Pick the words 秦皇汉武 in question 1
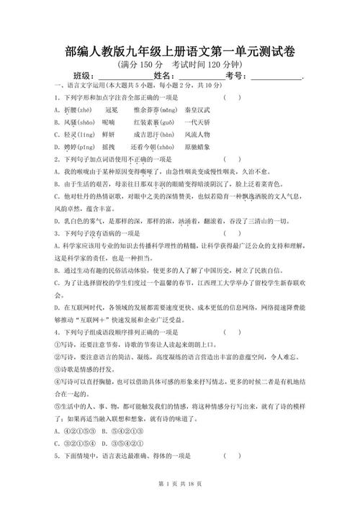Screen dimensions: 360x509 [198, 109]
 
